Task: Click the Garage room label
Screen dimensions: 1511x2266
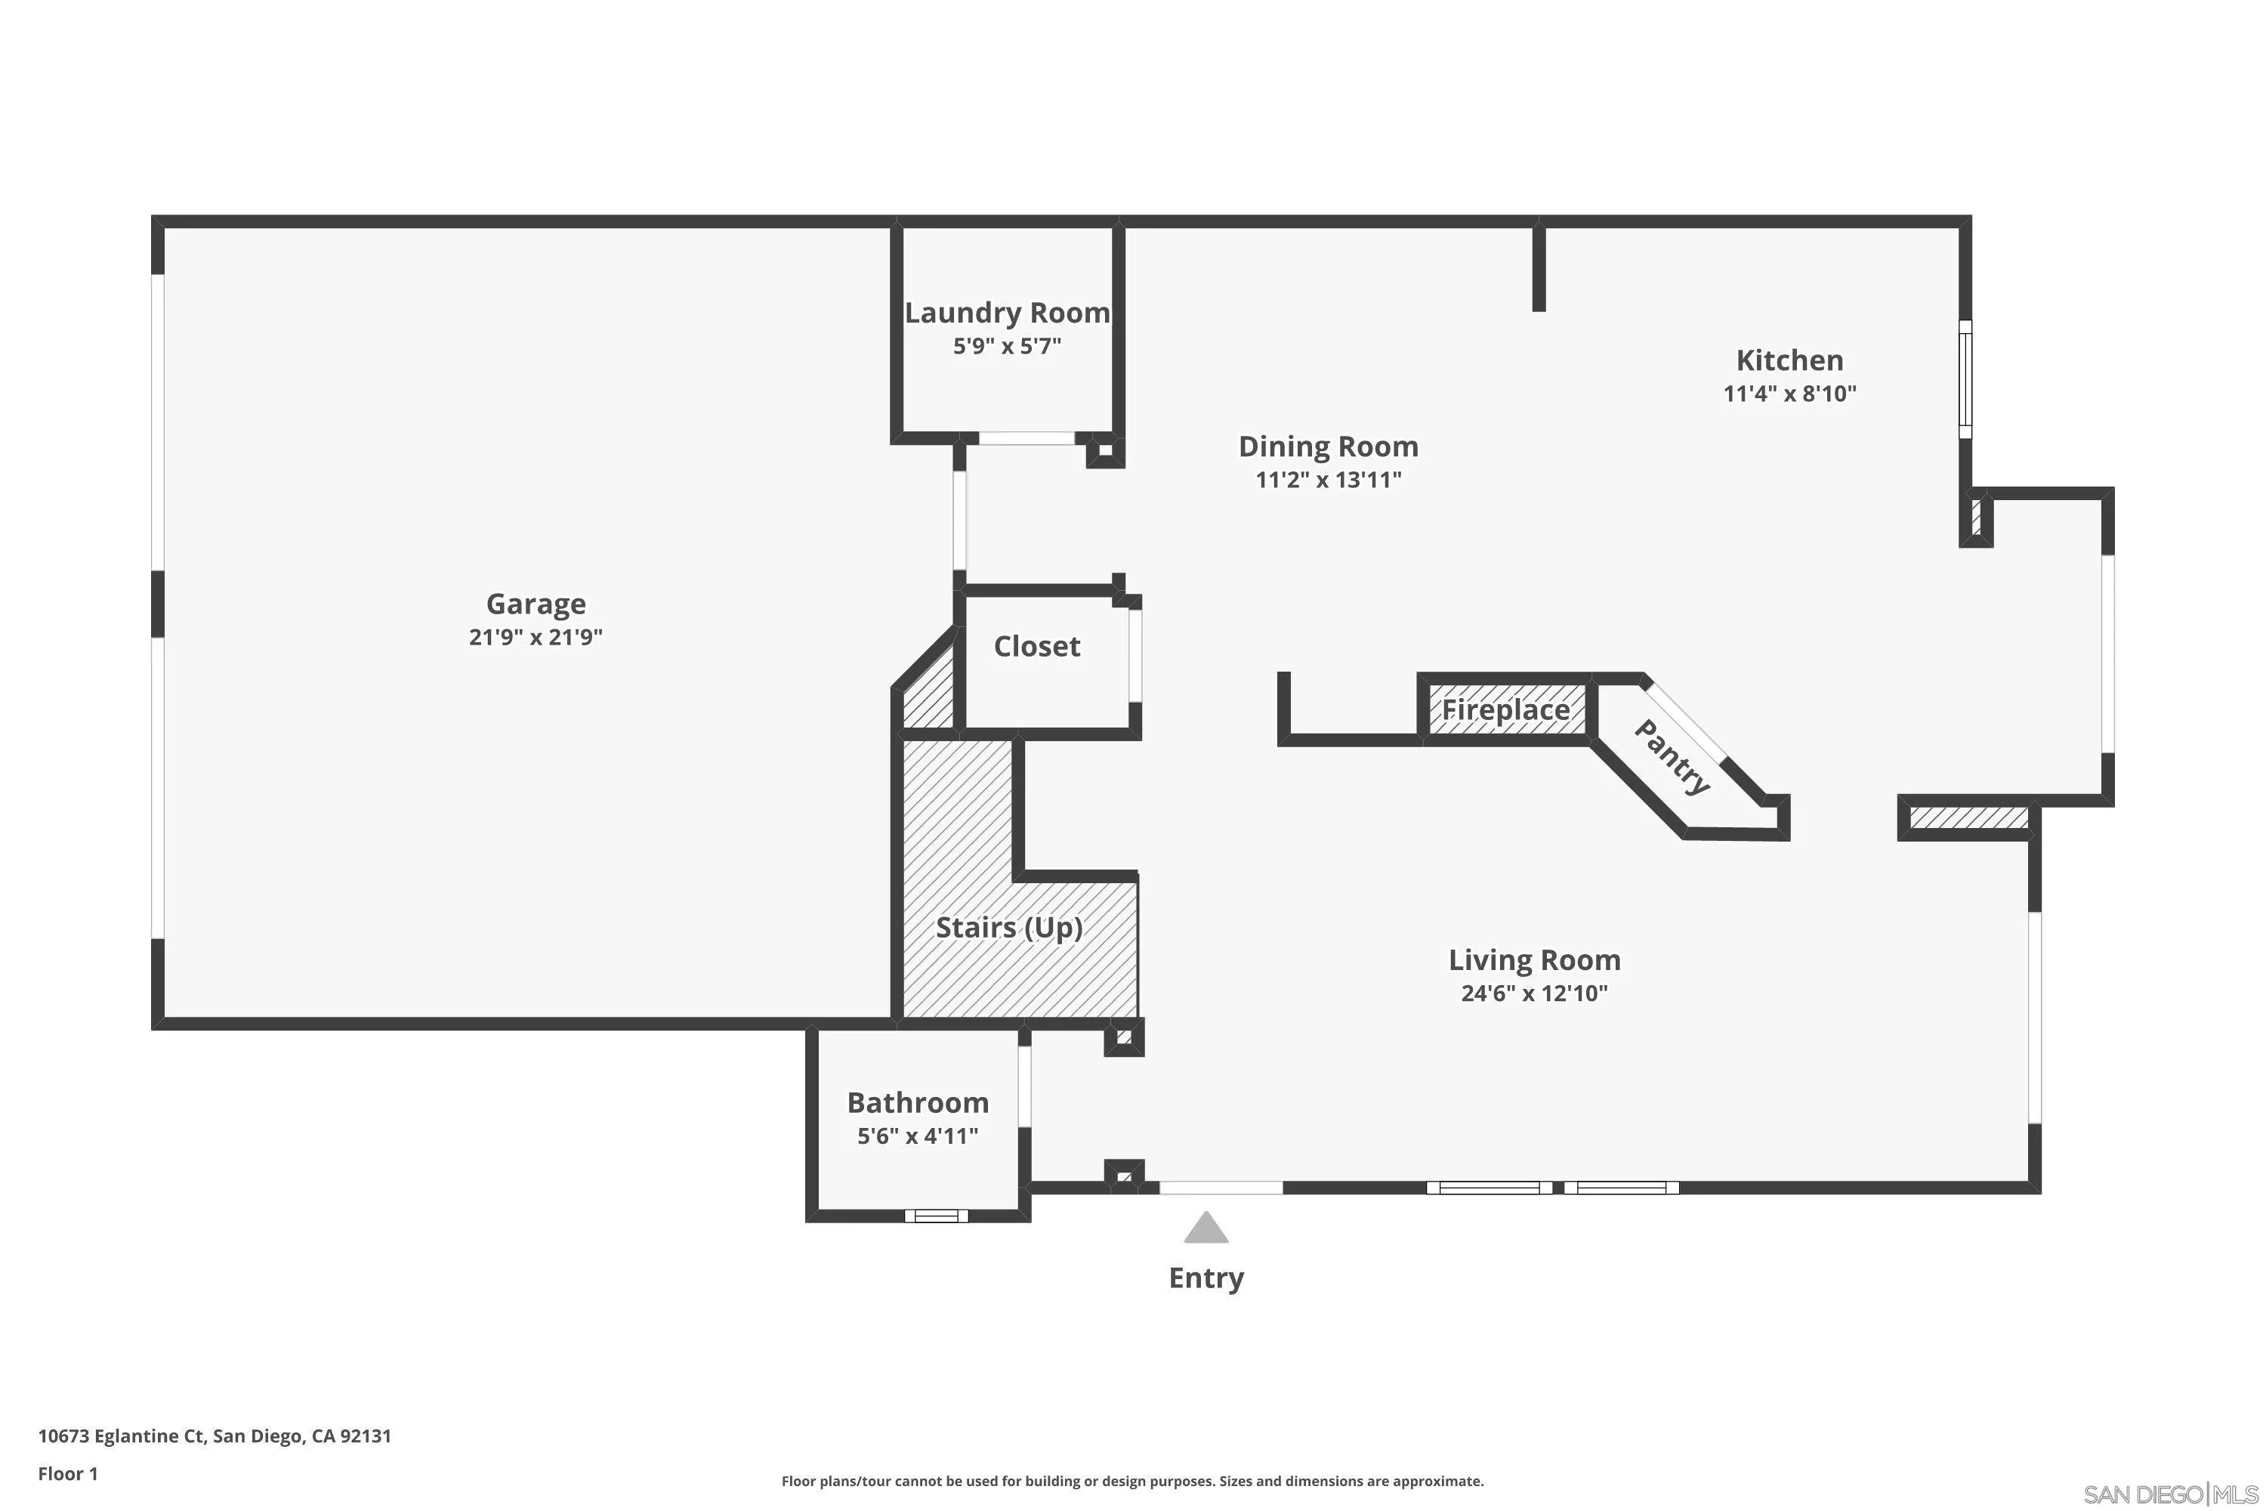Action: pos(536,604)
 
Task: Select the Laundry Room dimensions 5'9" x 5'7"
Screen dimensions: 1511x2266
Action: pos(1007,346)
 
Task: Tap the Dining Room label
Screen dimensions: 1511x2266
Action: pos(1328,447)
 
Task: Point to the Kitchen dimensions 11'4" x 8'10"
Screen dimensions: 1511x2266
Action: pos(1789,393)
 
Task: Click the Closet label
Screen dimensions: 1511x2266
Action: pos(1036,647)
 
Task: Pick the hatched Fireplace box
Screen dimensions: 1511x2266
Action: pos(1506,711)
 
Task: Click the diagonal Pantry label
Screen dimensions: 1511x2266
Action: pos(1672,758)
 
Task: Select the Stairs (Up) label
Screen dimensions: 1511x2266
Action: pos(1008,928)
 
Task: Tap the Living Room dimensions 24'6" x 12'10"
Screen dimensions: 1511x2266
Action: pos(1534,993)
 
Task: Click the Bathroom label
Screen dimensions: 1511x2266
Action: pos(917,1102)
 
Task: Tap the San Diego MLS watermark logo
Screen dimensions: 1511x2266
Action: pos(2172,1494)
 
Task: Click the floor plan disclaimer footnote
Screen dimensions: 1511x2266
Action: pos(1132,1481)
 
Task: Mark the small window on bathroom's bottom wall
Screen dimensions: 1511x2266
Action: pos(936,1216)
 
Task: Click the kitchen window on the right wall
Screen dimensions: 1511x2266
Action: pos(1965,379)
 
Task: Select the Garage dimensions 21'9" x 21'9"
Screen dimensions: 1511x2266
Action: pos(536,637)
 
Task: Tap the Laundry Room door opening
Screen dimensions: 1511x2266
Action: pos(1027,438)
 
